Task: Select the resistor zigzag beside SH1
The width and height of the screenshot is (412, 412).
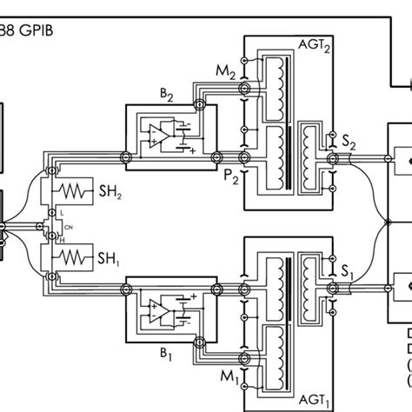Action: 75,257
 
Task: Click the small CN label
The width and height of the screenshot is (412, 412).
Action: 69,228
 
